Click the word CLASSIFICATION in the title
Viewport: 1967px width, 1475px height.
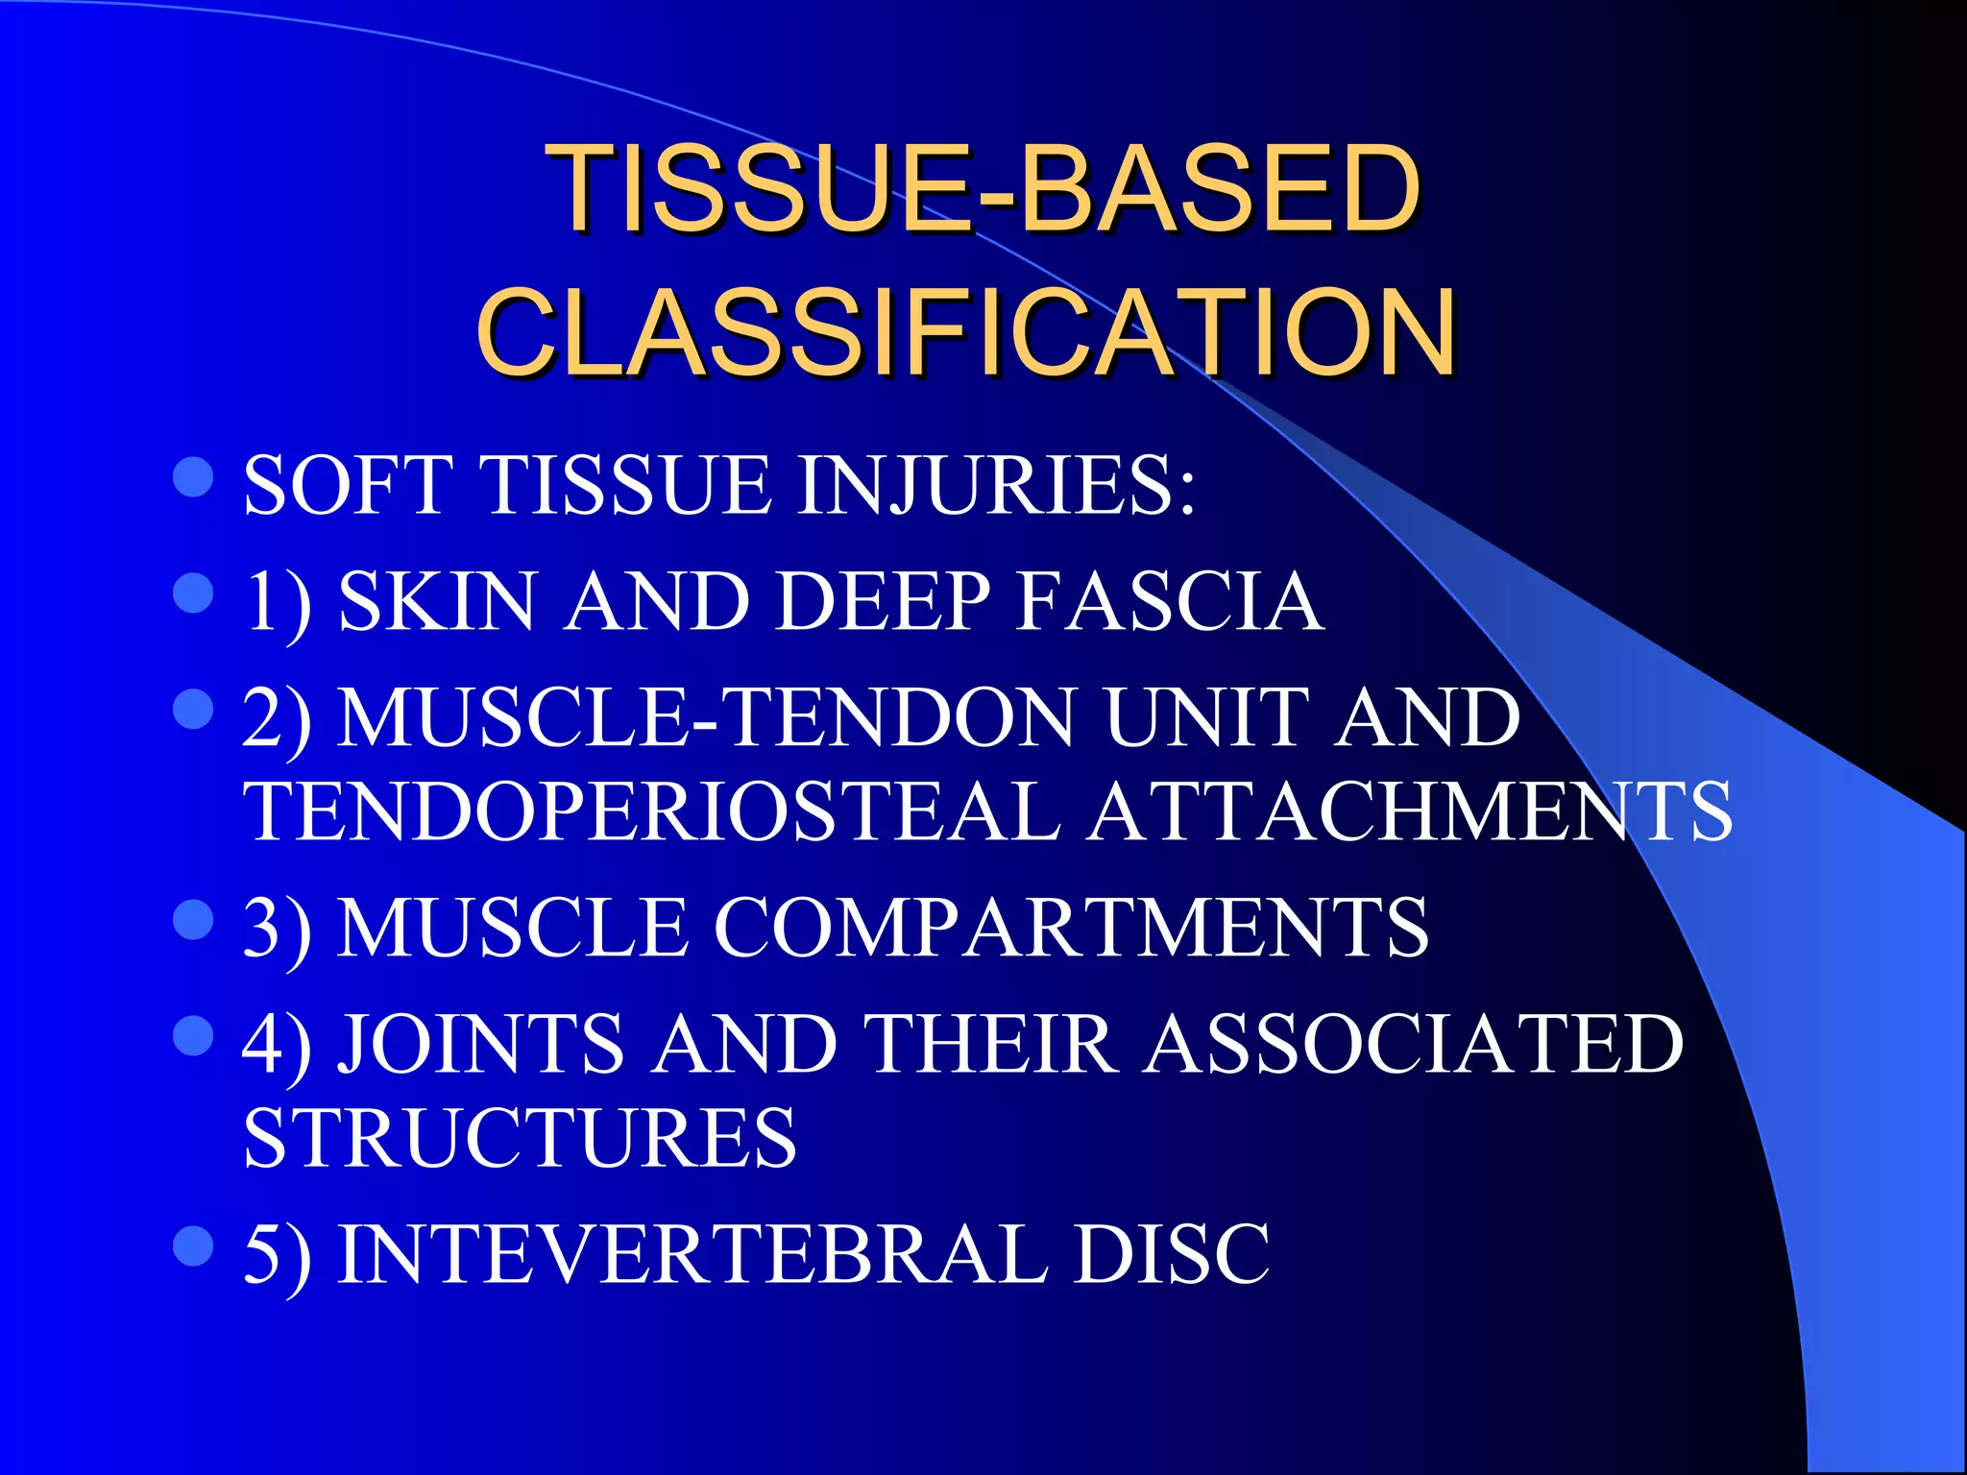pyautogui.click(x=967, y=332)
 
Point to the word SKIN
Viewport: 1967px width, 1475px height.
pyautogui.click(x=437, y=602)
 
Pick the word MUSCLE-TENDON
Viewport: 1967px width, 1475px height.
pyautogui.click(x=705, y=718)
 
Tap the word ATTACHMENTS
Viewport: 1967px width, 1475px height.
pyautogui.click(x=1410, y=812)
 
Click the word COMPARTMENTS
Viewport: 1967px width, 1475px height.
pyautogui.click(x=1071, y=928)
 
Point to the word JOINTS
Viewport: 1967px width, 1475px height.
pyautogui.click(x=480, y=1045)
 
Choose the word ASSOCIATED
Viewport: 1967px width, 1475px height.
pyautogui.click(x=1414, y=1045)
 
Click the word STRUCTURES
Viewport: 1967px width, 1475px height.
pyautogui.click(x=520, y=1139)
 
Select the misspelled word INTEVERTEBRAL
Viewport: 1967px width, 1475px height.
pyautogui.click(x=692, y=1255)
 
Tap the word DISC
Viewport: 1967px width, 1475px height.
pyautogui.click(x=1172, y=1255)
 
